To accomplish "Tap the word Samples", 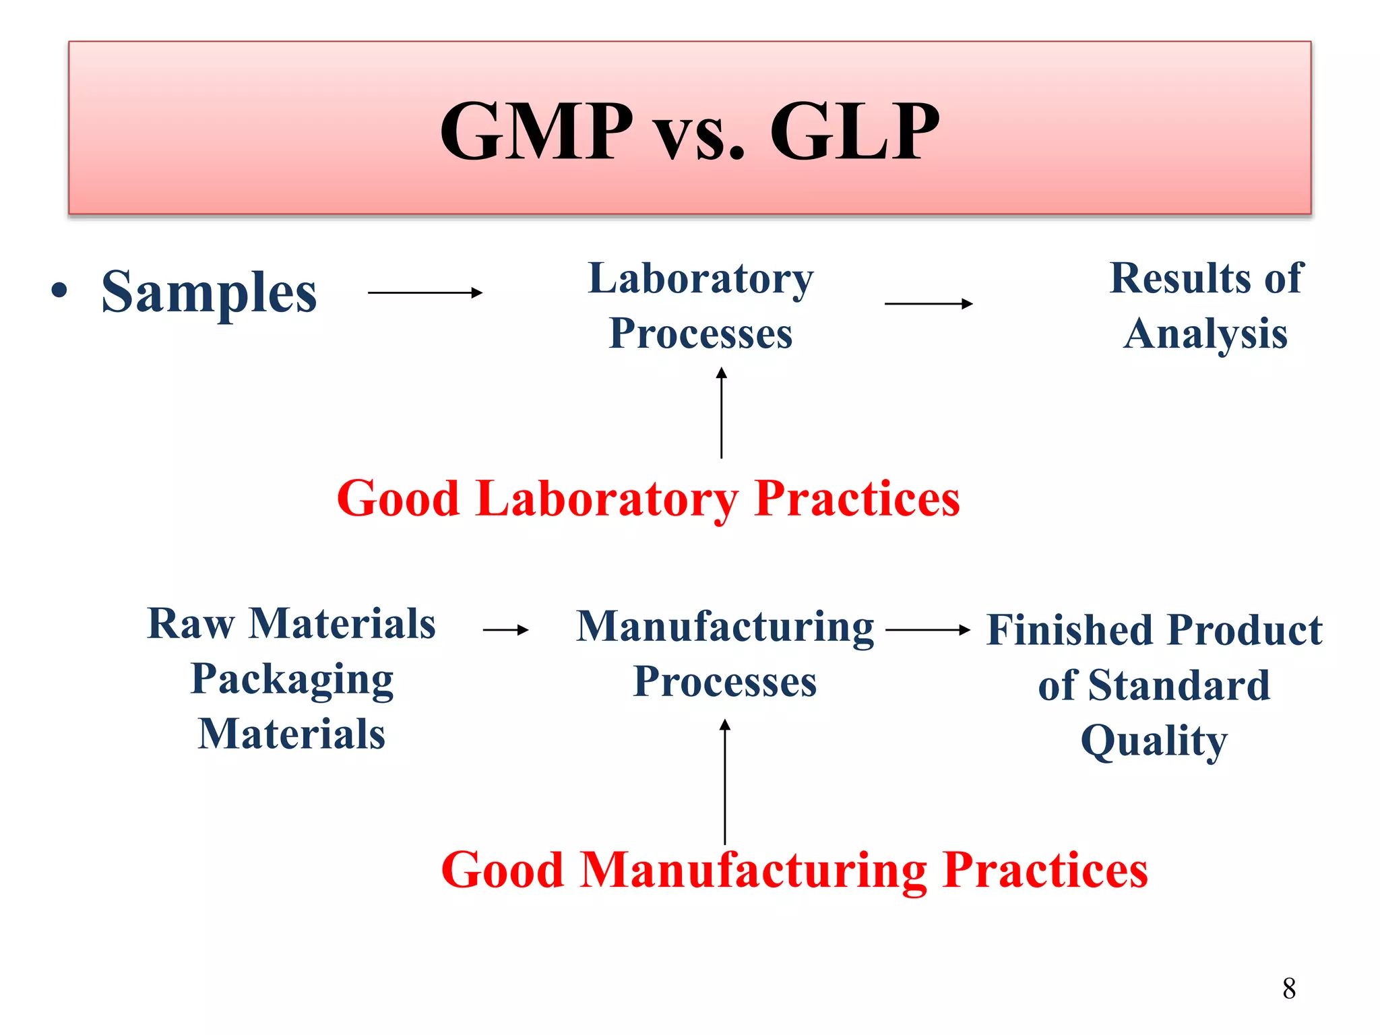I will tap(209, 292).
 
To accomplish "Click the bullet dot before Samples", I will tap(60, 290).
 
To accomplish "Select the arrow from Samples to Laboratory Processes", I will tap(425, 292).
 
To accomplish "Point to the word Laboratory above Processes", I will tap(701, 279).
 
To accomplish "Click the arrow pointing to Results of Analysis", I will tap(929, 304).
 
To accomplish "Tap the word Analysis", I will tap(1205, 334).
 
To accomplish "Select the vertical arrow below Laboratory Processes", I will tap(721, 412).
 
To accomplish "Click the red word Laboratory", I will tap(606, 499).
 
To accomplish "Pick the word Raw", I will tap(191, 624).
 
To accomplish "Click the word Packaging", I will tap(292, 679).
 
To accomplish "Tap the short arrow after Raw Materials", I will tap(506, 630).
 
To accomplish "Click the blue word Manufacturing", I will tap(725, 627).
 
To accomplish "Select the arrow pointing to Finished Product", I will tap(928, 630).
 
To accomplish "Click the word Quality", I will tap(1154, 741).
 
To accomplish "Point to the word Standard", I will tap(1179, 686).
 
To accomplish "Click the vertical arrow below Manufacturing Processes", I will tap(725, 782).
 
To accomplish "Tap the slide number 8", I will tap(1289, 989).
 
